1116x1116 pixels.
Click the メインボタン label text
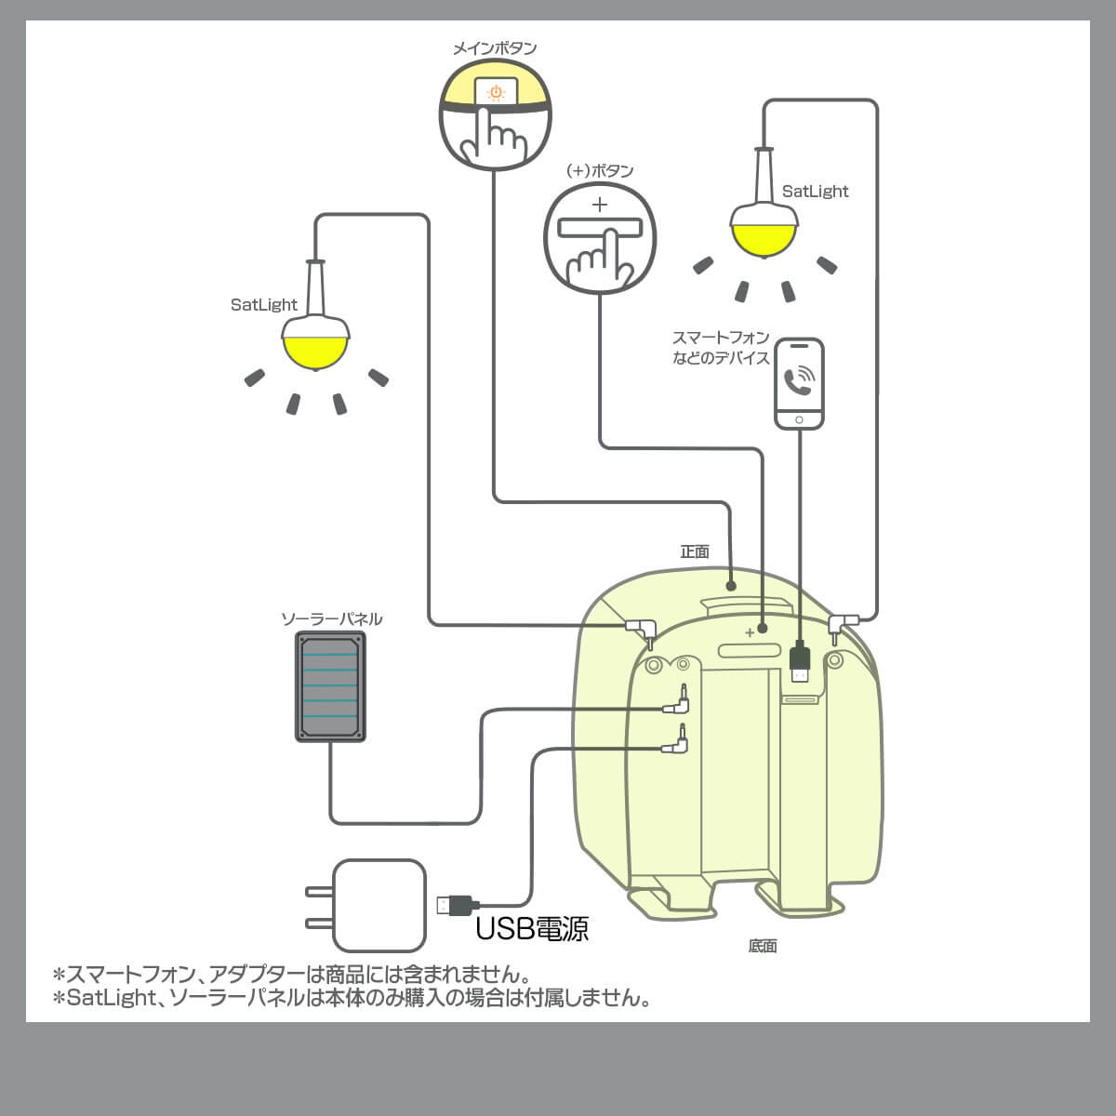click(494, 48)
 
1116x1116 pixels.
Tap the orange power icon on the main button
click(497, 92)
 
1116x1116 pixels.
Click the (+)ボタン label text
click(600, 171)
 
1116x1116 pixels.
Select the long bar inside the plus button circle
click(600, 228)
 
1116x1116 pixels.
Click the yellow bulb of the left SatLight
click(316, 349)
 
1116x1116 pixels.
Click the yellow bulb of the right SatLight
click(764, 237)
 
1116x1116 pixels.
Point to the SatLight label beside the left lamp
click(264, 304)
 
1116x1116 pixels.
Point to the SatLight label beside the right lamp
click(815, 192)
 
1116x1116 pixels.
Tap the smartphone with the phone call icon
click(800, 383)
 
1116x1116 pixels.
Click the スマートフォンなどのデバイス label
click(721, 348)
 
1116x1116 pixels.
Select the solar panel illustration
click(330, 686)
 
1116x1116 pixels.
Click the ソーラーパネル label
click(332, 618)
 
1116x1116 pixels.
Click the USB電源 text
click(532, 928)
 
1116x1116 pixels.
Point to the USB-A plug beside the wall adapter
click(456, 904)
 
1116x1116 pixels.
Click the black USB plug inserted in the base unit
click(800, 662)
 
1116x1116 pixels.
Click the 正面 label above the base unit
click(695, 551)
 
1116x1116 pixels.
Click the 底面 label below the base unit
click(762, 946)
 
